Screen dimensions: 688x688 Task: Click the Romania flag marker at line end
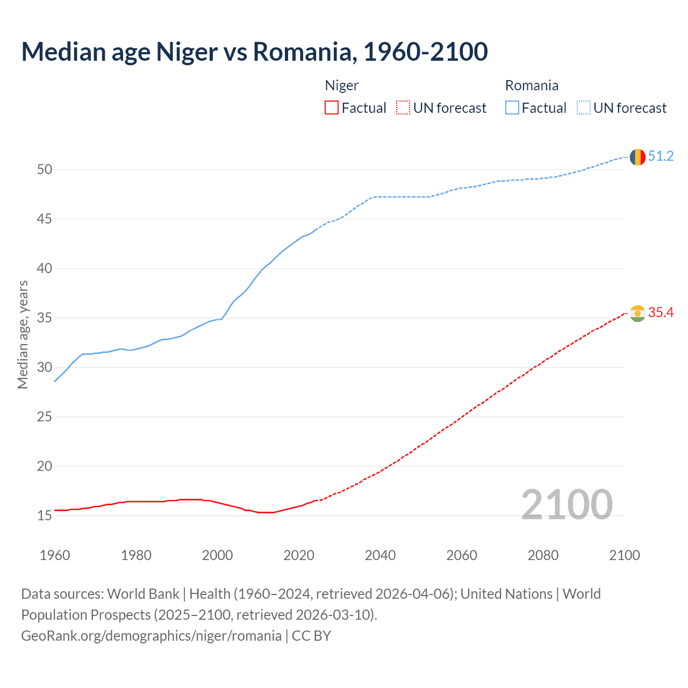tap(637, 157)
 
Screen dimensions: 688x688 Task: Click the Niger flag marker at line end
tap(637, 313)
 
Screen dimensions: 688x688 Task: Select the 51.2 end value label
tap(661, 156)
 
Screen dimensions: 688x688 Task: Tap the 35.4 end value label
tap(661, 313)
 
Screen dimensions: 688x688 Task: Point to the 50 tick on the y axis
tap(45, 170)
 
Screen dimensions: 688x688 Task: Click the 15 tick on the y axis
tap(45, 516)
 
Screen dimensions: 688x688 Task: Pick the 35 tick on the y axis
tap(45, 318)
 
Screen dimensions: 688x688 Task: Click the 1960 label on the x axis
tap(55, 556)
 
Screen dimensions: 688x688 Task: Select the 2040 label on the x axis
tap(380, 556)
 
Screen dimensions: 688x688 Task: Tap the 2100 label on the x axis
tap(624, 556)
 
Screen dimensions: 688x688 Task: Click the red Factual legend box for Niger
tap(332, 108)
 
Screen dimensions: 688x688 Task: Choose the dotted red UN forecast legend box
tap(403, 108)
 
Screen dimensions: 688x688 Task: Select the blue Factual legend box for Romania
tap(512, 108)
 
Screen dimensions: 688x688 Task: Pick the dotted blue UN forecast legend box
tap(584, 108)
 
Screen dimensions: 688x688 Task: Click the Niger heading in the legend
tap(342, 86)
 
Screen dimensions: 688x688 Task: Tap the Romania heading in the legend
tap(532, 86)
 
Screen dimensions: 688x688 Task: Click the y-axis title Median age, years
tap(23, 334)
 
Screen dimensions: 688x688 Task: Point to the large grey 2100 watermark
tap(567, 505)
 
